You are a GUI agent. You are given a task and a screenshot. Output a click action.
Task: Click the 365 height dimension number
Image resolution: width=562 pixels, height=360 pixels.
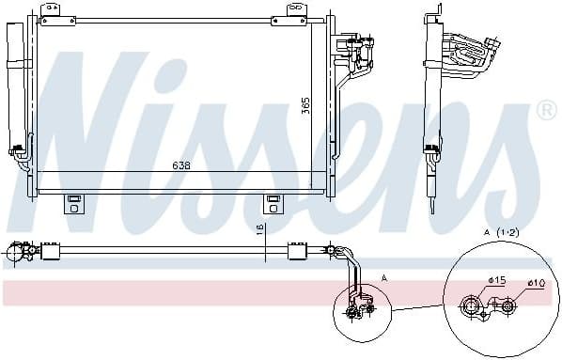point(305,106)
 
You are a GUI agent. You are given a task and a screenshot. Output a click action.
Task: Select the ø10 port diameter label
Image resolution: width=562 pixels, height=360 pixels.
point(536,282)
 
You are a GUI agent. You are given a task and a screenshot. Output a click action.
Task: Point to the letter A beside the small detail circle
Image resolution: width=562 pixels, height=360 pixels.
point(383,277)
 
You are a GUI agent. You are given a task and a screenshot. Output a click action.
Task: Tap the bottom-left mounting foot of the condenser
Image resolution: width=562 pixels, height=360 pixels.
point(71,202)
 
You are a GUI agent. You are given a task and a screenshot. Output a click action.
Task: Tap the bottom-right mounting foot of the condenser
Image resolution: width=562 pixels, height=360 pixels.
point(273,202)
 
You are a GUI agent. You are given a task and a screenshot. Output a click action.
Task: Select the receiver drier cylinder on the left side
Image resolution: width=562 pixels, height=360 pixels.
point(15,85)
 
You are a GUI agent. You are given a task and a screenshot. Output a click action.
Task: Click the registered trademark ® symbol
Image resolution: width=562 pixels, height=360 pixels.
point(544,111)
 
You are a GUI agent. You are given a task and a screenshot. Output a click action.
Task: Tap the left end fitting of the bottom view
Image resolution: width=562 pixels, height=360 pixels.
point(17,251)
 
